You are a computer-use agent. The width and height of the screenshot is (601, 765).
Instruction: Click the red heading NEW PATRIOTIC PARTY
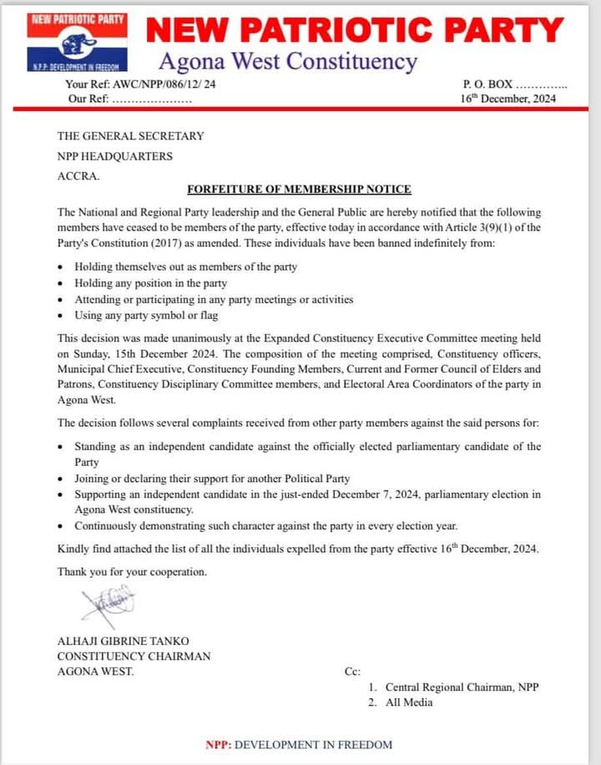(356, 31)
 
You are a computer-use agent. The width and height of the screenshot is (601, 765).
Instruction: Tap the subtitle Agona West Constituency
(287, 61)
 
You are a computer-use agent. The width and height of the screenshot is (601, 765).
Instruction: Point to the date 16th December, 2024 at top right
(508, 99)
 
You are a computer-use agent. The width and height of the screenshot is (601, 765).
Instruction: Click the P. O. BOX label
(487, 84)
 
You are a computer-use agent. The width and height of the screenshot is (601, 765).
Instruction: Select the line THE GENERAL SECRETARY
(130, 136)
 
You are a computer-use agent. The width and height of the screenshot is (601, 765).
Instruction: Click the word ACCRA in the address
(78, 176)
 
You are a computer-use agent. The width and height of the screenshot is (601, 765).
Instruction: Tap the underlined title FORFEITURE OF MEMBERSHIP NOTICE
(299, 190)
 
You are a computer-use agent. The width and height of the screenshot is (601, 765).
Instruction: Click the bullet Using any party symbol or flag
(144, 316)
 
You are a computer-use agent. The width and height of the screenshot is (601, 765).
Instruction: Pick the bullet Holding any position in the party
(150, 284)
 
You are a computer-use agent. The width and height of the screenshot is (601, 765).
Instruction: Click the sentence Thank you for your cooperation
(132, 572)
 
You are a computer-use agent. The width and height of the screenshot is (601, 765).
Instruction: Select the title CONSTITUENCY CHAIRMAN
(134, 656)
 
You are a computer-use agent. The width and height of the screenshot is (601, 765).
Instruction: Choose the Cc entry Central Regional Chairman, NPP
(462, 687)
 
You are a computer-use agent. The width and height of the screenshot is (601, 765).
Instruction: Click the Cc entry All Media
(409, 702)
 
